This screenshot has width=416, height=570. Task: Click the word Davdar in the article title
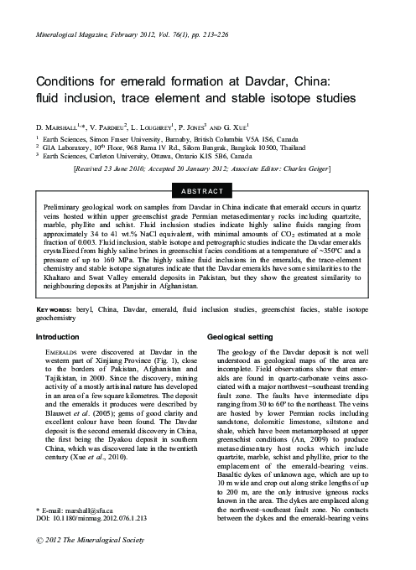(266, 81)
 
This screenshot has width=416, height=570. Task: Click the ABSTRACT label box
(208, 191)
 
